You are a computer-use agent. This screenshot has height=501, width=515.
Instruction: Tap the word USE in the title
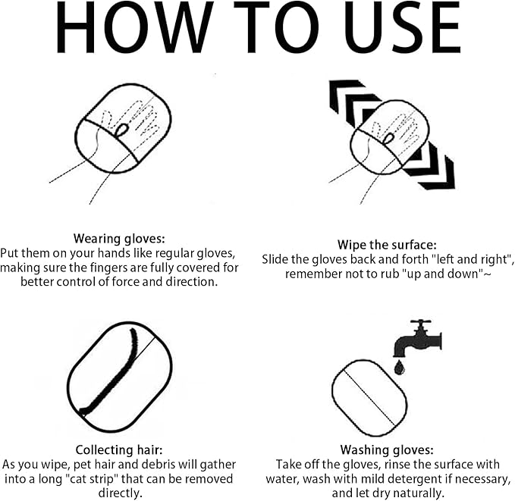tap(402, 27)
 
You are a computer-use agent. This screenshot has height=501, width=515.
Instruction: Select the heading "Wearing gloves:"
tap(119, 238)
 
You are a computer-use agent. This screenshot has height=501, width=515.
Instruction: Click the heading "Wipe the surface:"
tap(387, 245)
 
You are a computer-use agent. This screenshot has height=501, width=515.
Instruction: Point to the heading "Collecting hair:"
tap(119, 449)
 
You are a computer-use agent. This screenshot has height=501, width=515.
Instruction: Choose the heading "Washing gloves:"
tap(387, 449)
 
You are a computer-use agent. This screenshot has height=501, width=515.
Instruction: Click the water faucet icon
tap(418, 338)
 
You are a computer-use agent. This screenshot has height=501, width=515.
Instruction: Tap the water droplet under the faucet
tap(399, 367)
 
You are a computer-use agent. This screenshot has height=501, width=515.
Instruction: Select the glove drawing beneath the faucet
tap(369, 398)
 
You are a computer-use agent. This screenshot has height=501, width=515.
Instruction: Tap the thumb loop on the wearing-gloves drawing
tap(121, 130)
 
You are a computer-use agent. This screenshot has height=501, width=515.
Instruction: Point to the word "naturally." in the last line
tap(419, 493)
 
